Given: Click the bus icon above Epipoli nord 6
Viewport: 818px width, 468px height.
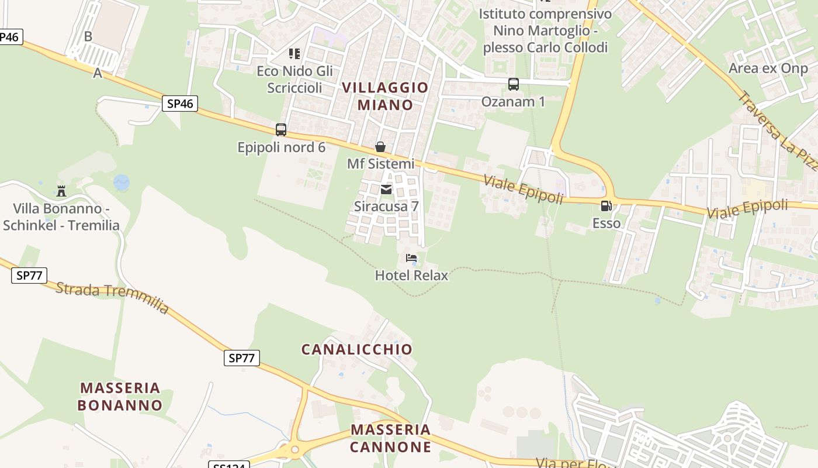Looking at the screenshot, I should point(281,130).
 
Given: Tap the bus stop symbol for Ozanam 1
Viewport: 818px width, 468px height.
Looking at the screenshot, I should point(514,84).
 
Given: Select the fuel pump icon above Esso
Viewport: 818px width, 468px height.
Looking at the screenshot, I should point(606,206).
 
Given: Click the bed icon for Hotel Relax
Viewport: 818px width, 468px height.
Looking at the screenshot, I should point(411,258).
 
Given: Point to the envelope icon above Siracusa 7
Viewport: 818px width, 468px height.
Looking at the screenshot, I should point(386,189).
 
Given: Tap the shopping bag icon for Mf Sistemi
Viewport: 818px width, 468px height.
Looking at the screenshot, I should point(380,146).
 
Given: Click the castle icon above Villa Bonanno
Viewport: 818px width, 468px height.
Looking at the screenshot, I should point(61,191).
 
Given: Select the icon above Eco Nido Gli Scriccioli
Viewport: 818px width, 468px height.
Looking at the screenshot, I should point(294,54).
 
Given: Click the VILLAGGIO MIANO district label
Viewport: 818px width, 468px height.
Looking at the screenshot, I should point(385,96).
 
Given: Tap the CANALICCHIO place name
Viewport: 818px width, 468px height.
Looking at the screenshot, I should point(356,349).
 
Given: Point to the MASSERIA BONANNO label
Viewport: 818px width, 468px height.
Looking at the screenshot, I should point(120,396).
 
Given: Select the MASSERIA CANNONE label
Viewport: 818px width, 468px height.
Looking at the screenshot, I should point(390,438).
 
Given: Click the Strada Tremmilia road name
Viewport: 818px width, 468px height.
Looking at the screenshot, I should point(112,298).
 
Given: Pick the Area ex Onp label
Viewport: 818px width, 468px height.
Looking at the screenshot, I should point(768,68).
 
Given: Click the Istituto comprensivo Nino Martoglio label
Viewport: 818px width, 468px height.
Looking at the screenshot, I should point(545,30).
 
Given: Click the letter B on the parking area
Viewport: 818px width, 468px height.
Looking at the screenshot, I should point(88,36).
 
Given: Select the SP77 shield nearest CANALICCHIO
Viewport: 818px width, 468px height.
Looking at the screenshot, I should point(241,358).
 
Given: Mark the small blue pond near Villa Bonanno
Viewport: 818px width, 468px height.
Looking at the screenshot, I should point(122,183).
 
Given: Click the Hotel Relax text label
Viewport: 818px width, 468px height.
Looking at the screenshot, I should point(411,275).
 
